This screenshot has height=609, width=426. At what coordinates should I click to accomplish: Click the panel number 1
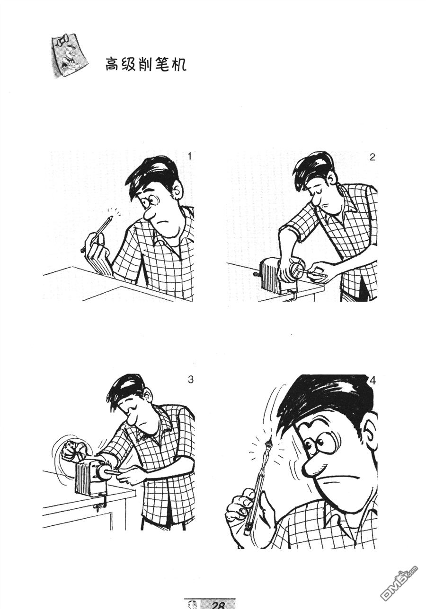click(x=190, y=157)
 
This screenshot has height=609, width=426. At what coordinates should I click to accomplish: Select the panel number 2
click(x=373, y=157)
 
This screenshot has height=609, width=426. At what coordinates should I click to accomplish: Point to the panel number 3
click(x=191, y=379)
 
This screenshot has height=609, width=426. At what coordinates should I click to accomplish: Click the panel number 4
click(x=373, y=381)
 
